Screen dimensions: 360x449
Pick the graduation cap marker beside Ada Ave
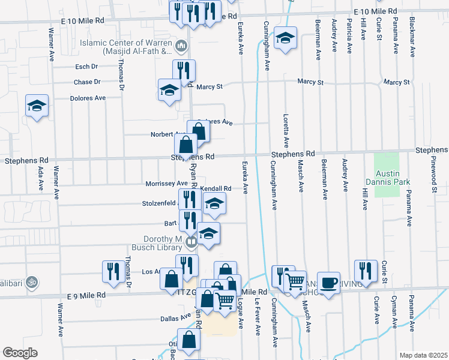click(x=37, y=106)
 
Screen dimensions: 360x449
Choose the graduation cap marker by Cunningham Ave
click(x=285, y=38)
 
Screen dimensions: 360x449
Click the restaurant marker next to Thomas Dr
click(x=113, y=271)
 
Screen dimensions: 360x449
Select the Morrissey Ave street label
click(x=166, y=184)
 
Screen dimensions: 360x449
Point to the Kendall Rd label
click(x=215, y=188)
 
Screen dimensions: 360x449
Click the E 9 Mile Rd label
click(x=86, y=296)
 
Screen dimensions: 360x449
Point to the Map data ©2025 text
click(x=423, y=355)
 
